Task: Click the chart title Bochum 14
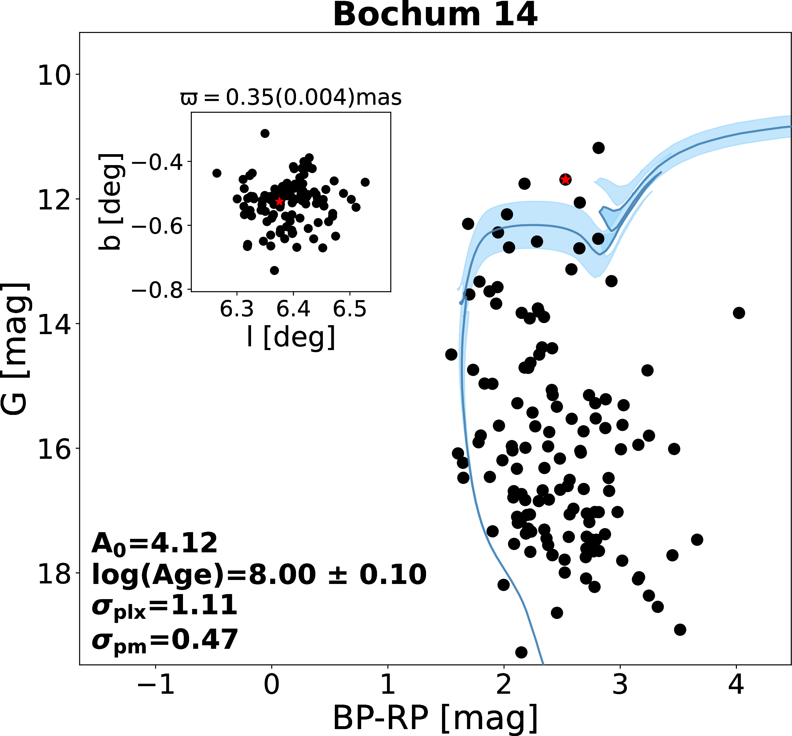coord(435,15)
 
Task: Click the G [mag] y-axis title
coord(15,349)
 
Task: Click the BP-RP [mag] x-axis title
coord(435,718)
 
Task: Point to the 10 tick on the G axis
coord(53,75)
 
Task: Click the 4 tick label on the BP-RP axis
coord(736,686)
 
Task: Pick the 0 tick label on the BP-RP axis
coord(272,686)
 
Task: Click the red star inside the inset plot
coord(279,201)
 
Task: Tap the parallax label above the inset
coord(291,97)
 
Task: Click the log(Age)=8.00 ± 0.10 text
coord(259,575)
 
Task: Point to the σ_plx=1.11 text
coord(164,606)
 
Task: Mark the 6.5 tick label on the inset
coord(350,309)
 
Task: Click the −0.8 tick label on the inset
coord(157,290)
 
